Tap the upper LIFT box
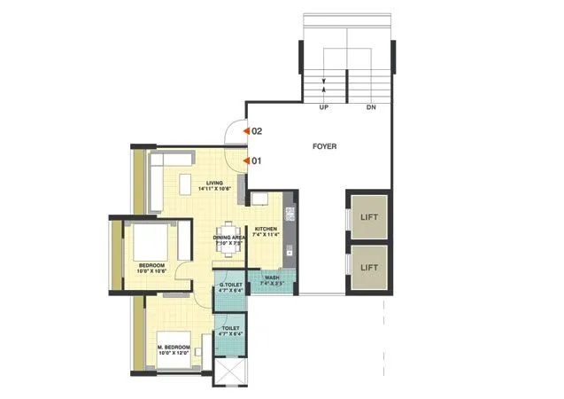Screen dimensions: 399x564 pos(369,215)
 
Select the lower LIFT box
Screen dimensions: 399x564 pos(369,266)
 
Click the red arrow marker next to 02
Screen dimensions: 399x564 pos(247,130)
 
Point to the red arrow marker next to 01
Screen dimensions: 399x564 pos(247,161)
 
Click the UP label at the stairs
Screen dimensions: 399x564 pos(325,107)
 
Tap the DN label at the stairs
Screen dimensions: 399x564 pos(370,107)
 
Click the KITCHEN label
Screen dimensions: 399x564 pos(267,230)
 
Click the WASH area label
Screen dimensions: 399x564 pos(272,278)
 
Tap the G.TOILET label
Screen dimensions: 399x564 pos(230,286)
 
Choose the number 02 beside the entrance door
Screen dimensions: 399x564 pos(258,130)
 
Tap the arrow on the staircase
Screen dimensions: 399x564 pos(325,84)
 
